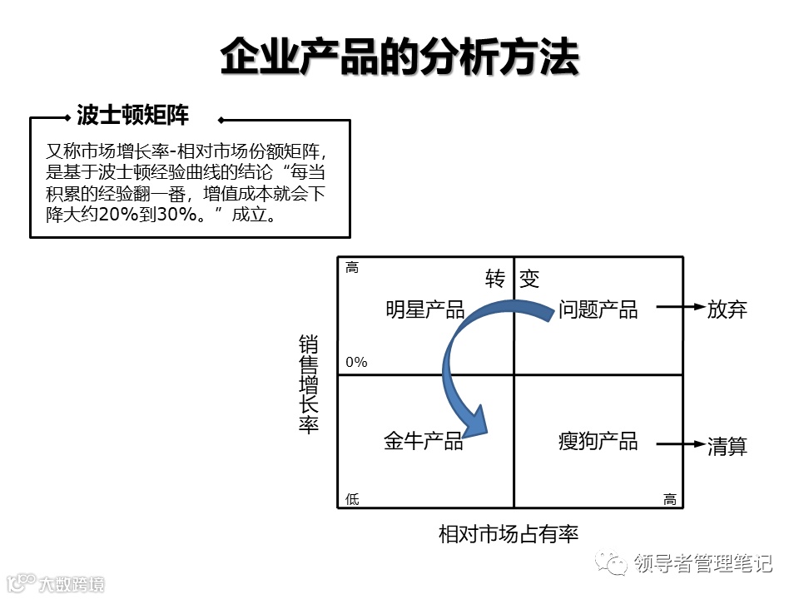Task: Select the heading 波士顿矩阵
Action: point(133,115)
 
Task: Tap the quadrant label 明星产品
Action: point(424,310)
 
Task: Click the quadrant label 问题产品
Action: point(598,310)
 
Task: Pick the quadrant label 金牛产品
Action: point(423,441)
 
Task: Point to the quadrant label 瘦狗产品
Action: point(598,441)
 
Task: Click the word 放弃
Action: point(727,310)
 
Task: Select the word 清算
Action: point(727,446)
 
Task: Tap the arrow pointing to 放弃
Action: point(680,307)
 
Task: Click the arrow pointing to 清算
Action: point(680,444)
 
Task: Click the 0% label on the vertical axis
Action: point(356,363)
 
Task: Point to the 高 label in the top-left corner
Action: point(352,268)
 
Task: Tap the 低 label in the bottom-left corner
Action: point(352,499)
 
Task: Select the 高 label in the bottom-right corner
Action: point(670,499)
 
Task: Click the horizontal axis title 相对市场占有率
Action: point(508,534)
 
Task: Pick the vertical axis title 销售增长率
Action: point(309,384)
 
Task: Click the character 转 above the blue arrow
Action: point(496,279)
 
